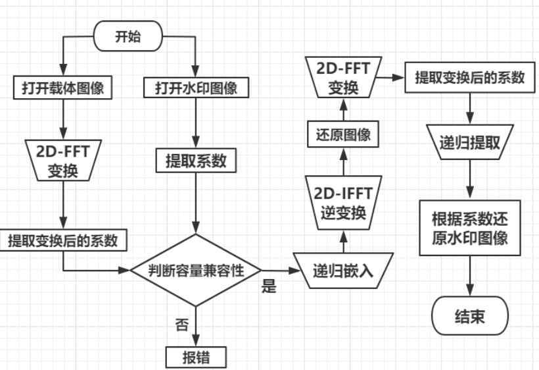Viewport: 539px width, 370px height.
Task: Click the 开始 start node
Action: (x=128, y=37)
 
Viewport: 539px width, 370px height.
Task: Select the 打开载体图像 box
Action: (x=62, y=88)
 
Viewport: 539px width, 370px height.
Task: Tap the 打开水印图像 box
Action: (x=196, y=88)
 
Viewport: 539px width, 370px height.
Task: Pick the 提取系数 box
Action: (x=196, y=159)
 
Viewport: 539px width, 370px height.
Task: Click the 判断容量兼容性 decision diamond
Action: (x=196, y=270)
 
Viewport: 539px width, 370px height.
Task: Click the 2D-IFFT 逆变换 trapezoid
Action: (x=342, y=203)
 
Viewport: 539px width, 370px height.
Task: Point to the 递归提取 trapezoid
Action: (x=469, y=143)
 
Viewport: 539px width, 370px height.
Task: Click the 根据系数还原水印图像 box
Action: (x=469, y=228)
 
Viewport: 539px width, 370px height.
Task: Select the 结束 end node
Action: (x=469, y=317)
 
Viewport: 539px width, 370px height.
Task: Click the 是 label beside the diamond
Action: (x=269, y=287)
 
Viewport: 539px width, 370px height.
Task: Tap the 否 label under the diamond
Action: (x=183, y=324)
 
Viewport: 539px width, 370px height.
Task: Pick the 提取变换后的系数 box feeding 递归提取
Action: (x=469, y=77)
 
